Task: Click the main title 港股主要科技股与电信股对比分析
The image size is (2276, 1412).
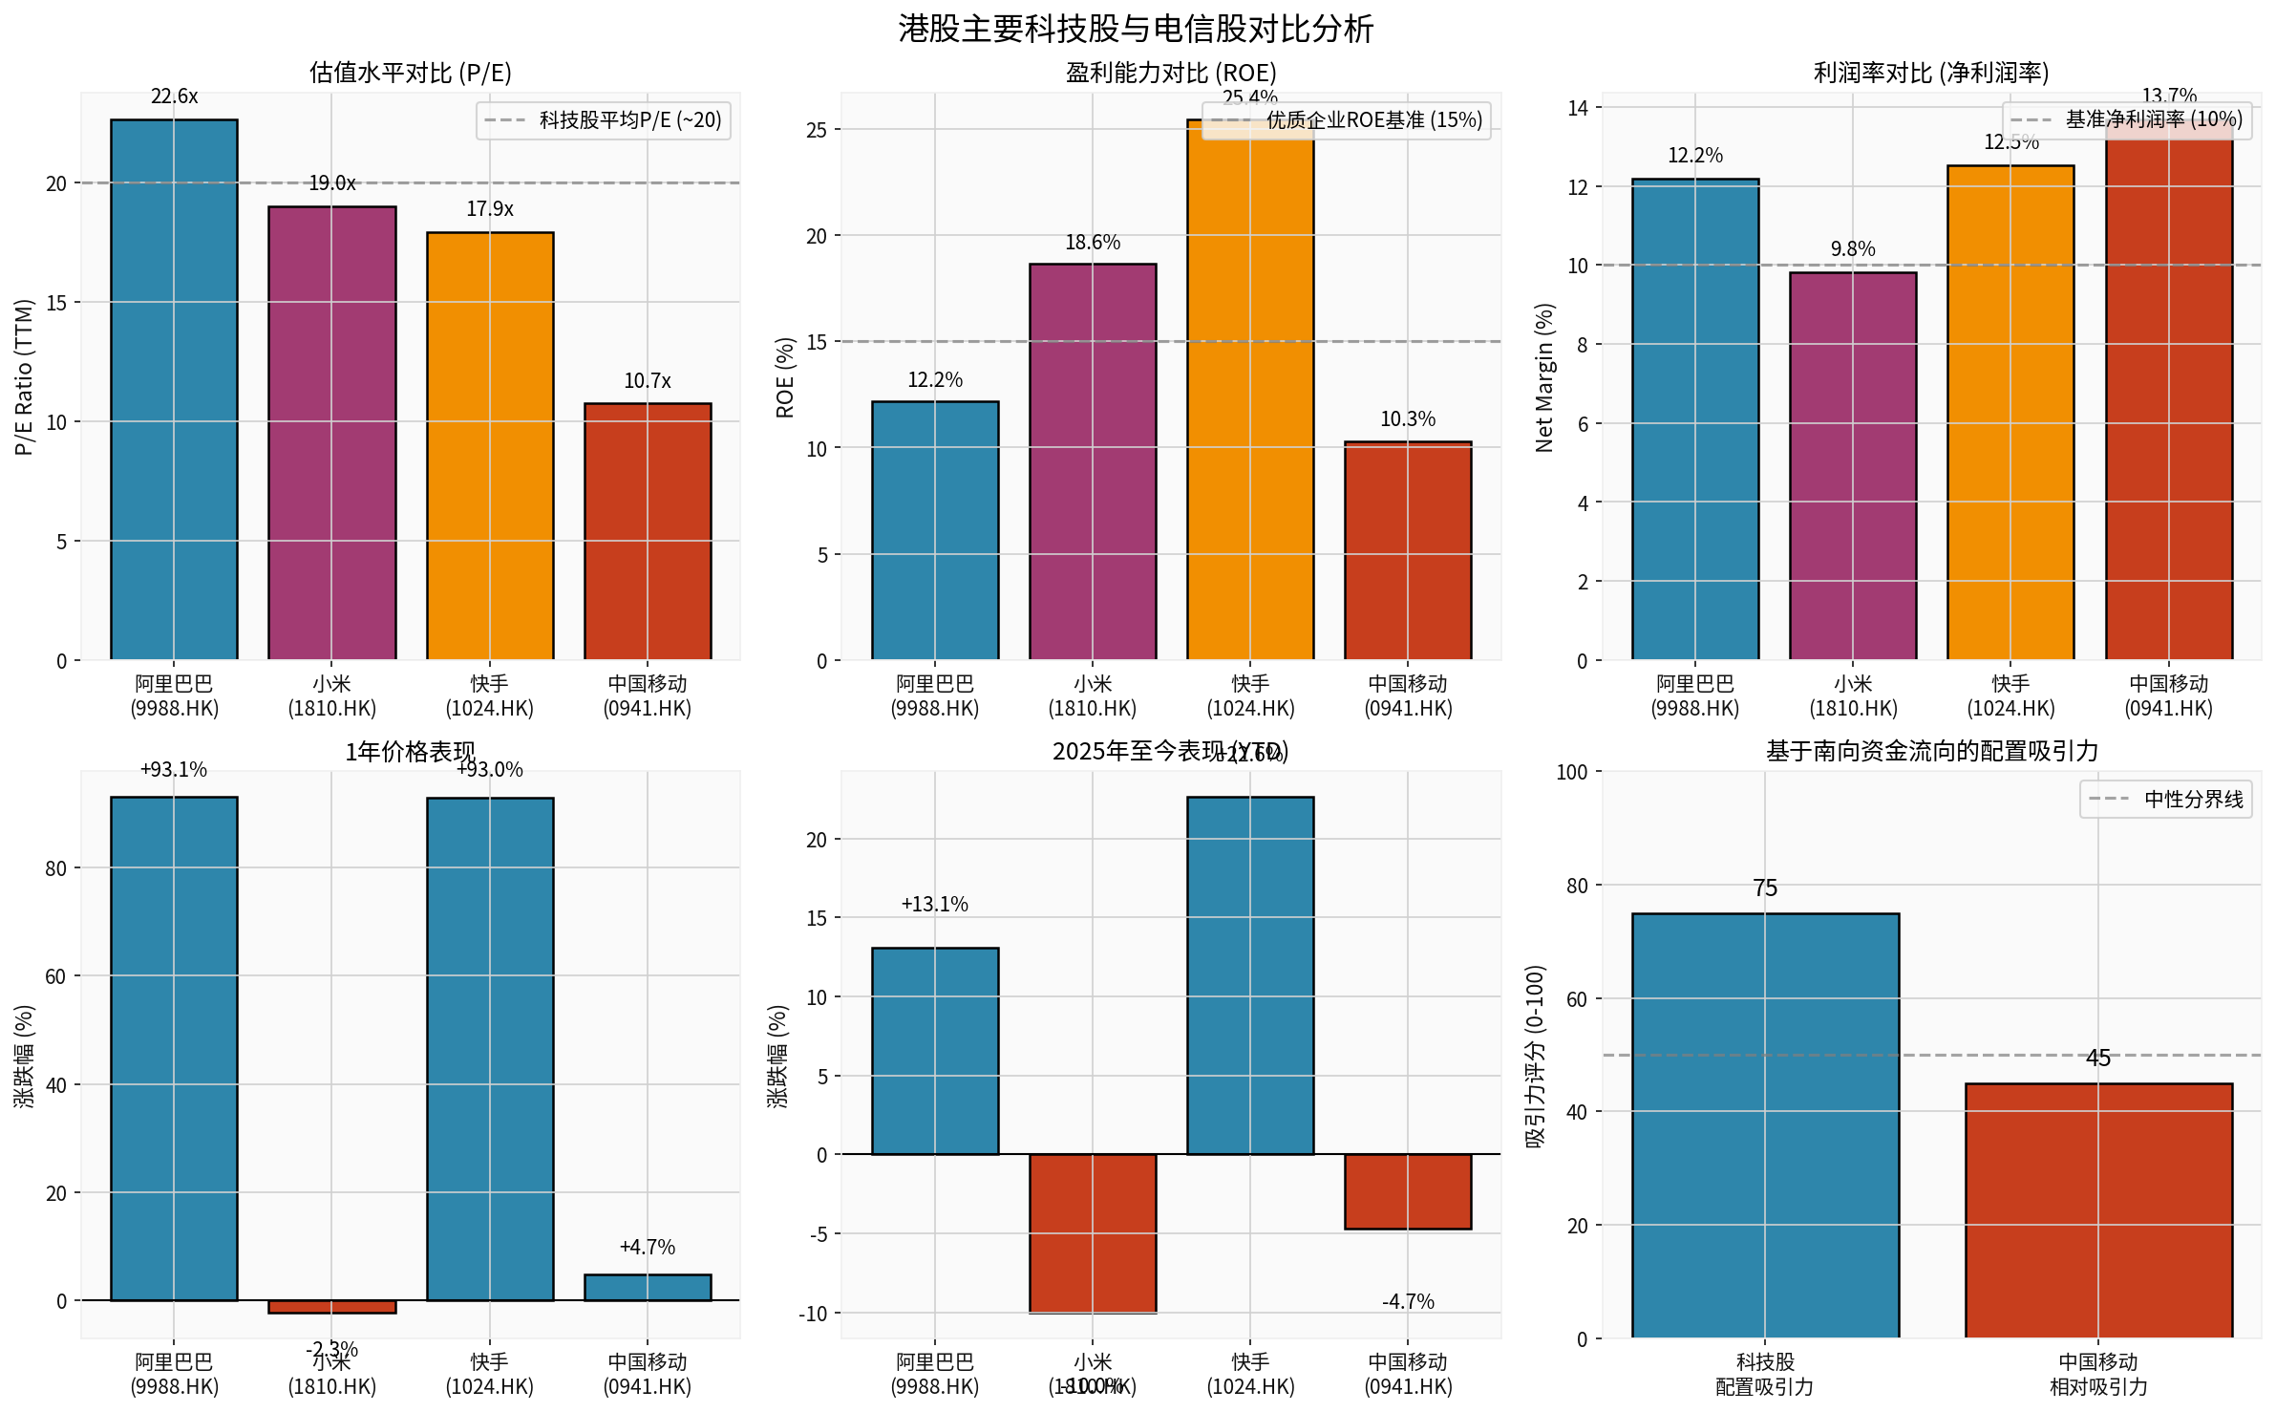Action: click(1136, 29)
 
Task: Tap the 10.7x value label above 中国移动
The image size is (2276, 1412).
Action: click(648, 381)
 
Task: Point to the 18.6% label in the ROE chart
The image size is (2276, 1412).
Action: click(1093, 243)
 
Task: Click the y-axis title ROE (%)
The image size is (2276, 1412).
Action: click(785, 377)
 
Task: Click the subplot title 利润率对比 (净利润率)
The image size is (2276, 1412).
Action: click(1930, 73)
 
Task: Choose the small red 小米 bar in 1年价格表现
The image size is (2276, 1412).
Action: click(331, 1306)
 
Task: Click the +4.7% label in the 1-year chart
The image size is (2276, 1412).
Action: click(648, 1247)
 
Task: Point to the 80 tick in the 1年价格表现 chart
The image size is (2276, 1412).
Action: click(56, 868)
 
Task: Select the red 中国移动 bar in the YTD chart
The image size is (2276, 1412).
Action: click(1408, 1191)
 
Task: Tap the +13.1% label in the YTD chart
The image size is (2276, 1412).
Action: click(934, 904)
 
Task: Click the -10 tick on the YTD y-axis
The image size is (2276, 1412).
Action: click(813, 1314)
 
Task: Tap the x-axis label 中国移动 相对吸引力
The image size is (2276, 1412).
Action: click(2097, 1374)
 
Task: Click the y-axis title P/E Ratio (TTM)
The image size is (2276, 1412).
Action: click(24, 377)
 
